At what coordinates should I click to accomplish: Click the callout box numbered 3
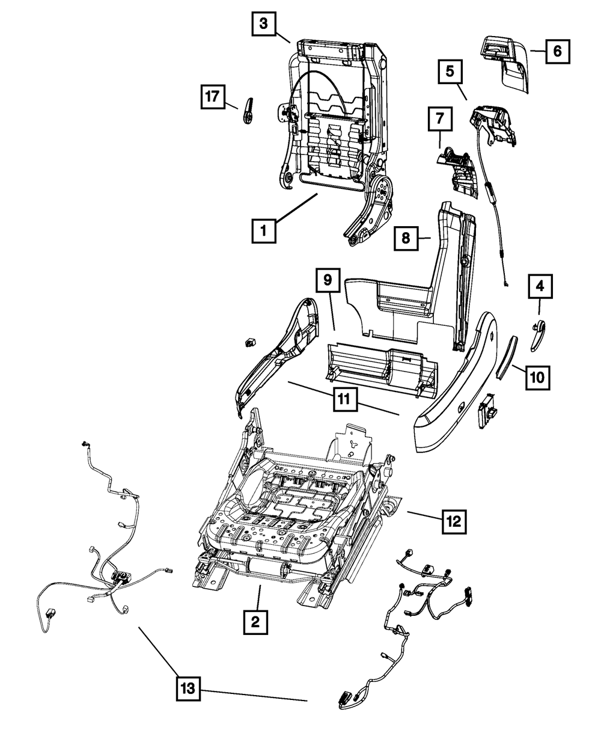[263, 25]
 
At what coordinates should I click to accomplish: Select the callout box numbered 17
[213, 96]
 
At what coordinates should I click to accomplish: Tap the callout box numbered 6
[557, 51]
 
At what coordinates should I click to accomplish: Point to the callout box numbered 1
[264, 229]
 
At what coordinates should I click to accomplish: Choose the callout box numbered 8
[406, 238]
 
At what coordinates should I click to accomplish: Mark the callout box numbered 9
[328, 280]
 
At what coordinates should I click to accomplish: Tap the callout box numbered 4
[540, 287]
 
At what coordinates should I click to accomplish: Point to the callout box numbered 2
[255, 621]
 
